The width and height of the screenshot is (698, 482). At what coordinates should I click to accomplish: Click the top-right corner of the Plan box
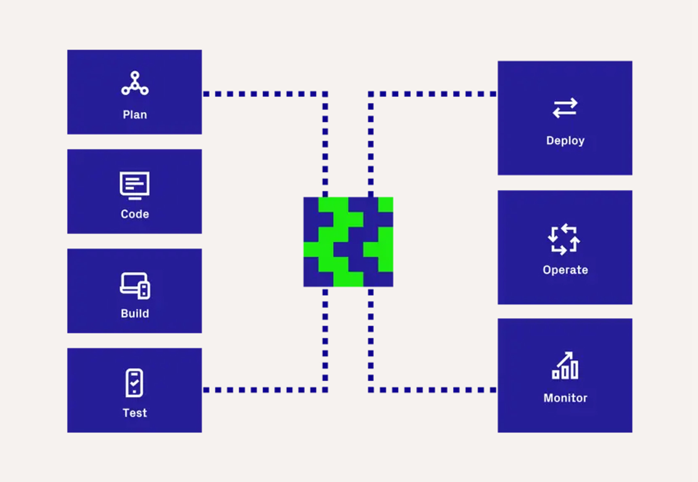point(202,50)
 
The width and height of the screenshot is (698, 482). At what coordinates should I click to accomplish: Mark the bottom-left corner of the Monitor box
point(498,432)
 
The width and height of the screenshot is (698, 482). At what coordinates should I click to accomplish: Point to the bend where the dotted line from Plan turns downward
point(325,94)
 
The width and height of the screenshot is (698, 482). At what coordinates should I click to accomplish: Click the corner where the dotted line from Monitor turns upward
point(371,390)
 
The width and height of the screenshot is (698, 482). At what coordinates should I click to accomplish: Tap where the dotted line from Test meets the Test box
point(202,390)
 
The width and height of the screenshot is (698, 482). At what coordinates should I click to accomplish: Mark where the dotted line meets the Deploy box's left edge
point(497,94)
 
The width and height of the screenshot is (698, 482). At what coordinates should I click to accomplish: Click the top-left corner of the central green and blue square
point(304,197)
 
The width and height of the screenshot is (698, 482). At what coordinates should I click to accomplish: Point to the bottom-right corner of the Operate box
point(632,304)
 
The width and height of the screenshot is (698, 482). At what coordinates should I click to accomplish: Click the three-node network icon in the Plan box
point(135,83)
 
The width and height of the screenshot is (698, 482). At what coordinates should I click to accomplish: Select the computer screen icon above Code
point(135,186)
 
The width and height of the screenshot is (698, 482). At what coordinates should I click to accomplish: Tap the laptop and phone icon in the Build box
point(135,286)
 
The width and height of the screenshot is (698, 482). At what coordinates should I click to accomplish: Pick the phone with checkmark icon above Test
point(134,383)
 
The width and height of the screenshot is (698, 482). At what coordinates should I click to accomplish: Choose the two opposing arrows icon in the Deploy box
point(565,108)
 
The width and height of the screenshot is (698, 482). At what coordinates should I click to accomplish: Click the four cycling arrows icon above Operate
point(564,239)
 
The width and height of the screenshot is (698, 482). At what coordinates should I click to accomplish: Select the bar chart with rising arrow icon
point(565,365)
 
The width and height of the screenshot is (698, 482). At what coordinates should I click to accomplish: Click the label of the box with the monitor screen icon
point(135,214)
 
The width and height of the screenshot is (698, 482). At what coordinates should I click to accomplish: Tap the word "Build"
point(135,314)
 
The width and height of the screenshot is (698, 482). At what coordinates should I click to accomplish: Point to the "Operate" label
point(565,270)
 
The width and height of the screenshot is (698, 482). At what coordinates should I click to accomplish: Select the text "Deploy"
point(565,141)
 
